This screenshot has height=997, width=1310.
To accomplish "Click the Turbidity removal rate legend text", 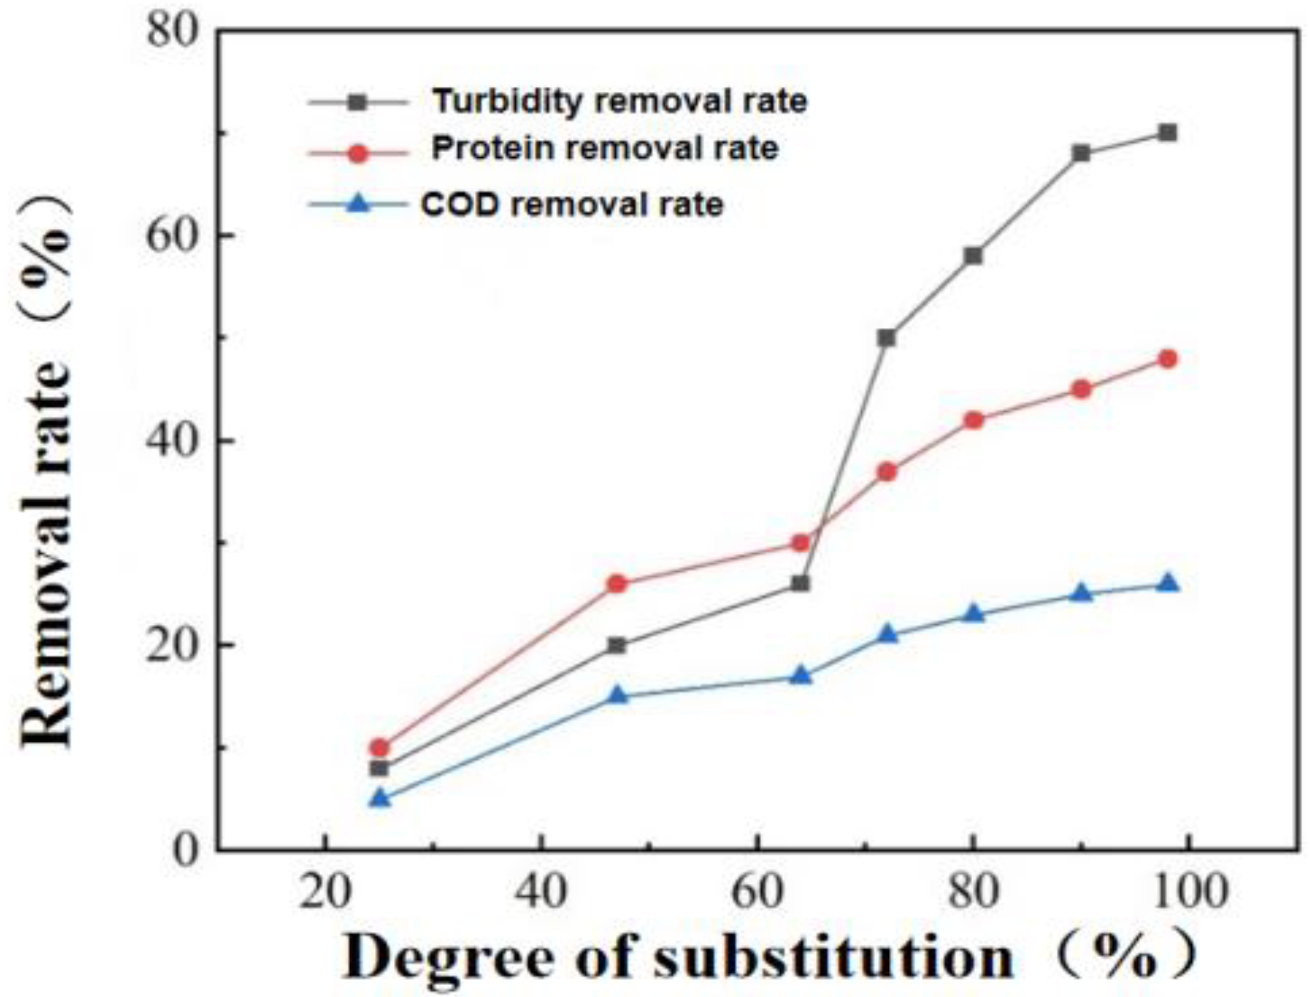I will (x=620, y=102).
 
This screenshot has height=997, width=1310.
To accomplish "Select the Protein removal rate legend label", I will (x=605, y=149).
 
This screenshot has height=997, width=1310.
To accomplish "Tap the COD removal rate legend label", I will (x=573, y=205).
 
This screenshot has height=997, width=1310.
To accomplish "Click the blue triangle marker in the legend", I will (x=359, y=204).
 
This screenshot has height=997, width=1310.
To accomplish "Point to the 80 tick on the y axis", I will (x=171, y=31).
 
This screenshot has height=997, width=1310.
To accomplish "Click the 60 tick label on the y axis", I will (x=171, y=235).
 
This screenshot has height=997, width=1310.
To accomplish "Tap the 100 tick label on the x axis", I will (x=1188, y=892).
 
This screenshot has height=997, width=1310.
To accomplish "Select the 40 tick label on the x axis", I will (x=541, y=892).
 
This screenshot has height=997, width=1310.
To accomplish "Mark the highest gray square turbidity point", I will (x=1168, y=133).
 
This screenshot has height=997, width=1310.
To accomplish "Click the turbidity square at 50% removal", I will (x=886, y=338).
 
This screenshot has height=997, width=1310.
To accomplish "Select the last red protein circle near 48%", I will (x=1168, y=359).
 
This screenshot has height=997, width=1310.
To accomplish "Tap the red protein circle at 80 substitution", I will (x=974, y=420).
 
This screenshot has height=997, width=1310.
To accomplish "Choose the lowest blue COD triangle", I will (x=380, y=799).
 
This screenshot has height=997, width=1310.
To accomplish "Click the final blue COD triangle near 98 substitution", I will (x=1168, y=584).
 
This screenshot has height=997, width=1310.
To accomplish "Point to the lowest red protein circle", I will (x=380, y=747).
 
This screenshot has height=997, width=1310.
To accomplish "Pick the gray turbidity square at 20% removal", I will (x=617, y=646).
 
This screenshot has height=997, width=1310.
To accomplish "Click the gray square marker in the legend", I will (x=359, y=102).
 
